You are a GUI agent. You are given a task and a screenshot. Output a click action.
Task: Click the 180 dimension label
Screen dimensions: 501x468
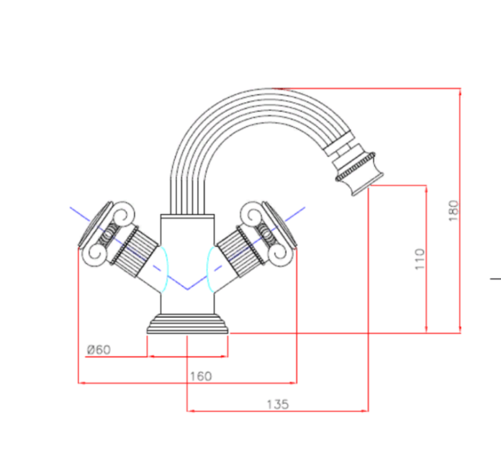[453, 211]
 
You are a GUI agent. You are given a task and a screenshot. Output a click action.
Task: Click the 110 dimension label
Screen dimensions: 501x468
[420, 259]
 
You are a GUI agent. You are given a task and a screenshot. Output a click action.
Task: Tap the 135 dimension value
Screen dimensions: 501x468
[278, 405]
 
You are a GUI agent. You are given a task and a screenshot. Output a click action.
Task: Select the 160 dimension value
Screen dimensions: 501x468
[201, 377]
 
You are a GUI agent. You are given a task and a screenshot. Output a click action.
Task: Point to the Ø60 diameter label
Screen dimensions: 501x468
[99, 350]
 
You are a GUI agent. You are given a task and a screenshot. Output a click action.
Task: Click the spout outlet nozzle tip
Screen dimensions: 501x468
[367, 189]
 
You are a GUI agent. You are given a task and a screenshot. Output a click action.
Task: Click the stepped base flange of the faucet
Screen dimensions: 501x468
[188, 324]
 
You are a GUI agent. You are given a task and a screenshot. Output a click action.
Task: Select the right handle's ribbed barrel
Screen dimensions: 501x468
[240, 251]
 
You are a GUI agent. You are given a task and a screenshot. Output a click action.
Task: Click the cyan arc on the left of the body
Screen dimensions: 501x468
[165, 269]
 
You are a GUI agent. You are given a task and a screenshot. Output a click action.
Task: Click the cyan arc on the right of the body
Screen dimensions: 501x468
[210, 269]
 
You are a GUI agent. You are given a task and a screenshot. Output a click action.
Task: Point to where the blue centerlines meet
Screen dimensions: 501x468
[188, 289]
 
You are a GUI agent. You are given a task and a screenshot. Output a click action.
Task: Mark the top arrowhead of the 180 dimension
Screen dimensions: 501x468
[461, 92]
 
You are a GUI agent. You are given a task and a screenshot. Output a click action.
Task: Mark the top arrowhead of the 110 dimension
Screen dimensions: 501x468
[426, 189]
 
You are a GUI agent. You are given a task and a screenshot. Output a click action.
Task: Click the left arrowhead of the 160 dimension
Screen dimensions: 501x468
[82, 382]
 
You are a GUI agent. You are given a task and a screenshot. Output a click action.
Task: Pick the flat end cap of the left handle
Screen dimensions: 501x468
[95, 224]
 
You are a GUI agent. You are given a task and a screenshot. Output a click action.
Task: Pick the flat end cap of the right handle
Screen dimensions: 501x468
[280, 224]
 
